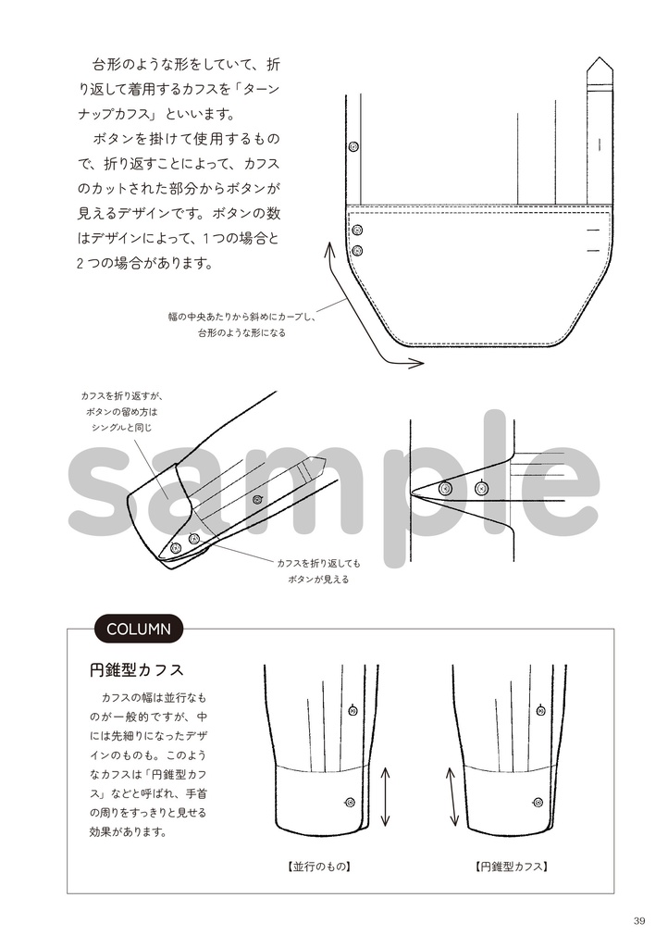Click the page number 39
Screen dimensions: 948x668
pyautogui.click(x=639, y=920)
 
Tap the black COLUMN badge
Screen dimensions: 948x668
pyautogui.click(x=138, y=630)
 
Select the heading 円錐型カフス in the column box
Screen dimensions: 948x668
pyautogui.click(x=136, y=668)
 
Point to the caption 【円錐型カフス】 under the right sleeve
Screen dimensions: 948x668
pyautogui.click(x=512, y=867)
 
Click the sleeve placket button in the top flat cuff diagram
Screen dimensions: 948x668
pyautogui.click(x=352, y=147)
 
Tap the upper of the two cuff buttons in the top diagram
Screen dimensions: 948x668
pyautogui.click(x=358, y=230)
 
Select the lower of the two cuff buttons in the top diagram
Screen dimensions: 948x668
pyautogui.click(x=358, y=250)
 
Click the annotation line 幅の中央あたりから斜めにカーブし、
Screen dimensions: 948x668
pyautogui.click(x=241, y=317)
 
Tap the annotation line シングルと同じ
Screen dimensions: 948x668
pyautogui.click(x=121, y=429)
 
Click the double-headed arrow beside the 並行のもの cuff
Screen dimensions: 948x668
pyautogui.click(x=385, y=795)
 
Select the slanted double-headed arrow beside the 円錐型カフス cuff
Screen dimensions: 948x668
pyautogui.click(x=453, y=795)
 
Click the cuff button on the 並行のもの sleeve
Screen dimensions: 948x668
pyautogui.click(x=350, y=802)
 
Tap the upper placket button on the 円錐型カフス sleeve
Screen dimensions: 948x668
pyautogui.click(x=538, y=711)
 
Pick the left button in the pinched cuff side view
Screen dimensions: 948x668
pyautogui.click(x=445, y=488)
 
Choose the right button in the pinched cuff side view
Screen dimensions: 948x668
pyautogui.click(x=480, y=488)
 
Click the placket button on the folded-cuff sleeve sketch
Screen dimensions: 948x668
pyautogui.click(x=257, y=500)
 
